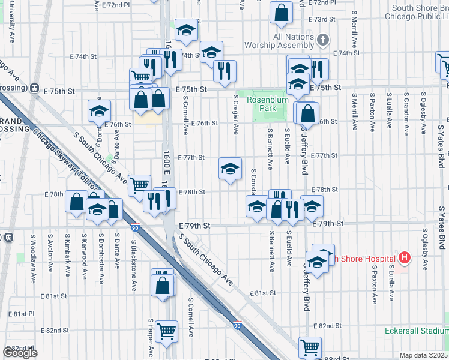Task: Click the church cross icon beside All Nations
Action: pos(324,40)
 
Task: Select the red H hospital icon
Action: pos(405,258)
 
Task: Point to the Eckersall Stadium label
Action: pos(416,331)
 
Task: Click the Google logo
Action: pos(20,353)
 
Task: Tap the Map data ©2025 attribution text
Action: pos(424,355)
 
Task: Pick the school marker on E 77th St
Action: pos(229,169)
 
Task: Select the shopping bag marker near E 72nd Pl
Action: pos(281,12)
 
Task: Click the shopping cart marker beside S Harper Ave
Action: pos(166,330)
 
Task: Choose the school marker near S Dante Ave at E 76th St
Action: pos(100,110)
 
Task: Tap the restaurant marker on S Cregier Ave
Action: pos(224,71)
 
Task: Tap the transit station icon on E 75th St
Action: pos(35,87)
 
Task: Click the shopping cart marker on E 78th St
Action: pos(139,184)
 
